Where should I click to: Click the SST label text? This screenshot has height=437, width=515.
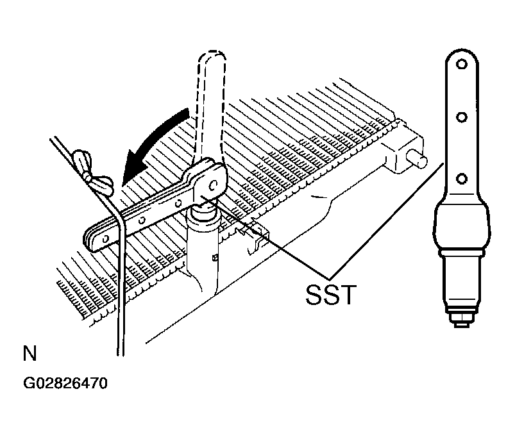331,295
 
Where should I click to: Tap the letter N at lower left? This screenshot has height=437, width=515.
30,353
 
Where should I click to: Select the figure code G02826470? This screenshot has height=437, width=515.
65,383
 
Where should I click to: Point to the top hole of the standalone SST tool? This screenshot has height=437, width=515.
462,64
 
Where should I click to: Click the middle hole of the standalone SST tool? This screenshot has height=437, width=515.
462,117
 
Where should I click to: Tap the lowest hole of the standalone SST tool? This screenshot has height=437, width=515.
462,179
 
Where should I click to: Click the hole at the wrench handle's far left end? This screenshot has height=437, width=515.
105,239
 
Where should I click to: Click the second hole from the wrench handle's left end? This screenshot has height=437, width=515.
142,220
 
